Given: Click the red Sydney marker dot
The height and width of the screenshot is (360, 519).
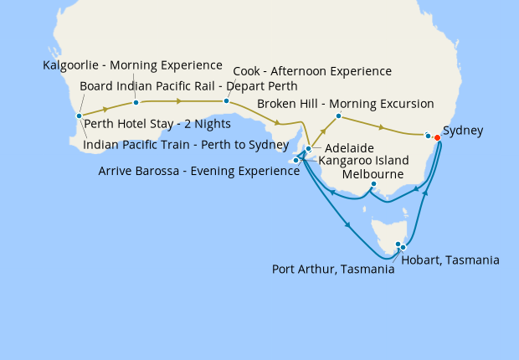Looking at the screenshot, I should click(x=437, y=138).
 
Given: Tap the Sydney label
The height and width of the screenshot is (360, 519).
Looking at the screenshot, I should click(x=462, y=131).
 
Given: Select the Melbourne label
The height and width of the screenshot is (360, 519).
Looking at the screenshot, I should click(x=373, y=174).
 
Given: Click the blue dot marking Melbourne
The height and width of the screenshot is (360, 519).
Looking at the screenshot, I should click(x=373, y=184).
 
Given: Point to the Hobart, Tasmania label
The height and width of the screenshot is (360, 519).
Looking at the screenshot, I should click(x=450, y=260).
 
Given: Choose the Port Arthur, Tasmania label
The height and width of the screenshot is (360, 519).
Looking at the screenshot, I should click(x=333, y=270).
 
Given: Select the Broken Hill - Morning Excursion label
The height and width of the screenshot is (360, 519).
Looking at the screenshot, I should click(x=345, y=104).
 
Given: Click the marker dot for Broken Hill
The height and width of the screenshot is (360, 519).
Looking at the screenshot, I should click(x=338, y=116).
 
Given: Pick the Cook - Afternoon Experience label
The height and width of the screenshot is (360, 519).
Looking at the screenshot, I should click(x=312, y=71).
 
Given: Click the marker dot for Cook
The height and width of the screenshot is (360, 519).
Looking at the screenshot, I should click(x=226, y=101).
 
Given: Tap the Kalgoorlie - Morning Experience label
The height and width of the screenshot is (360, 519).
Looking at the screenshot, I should click(x=132, y=64).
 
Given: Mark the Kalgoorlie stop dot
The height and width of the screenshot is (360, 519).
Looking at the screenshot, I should click(x=136, y=103).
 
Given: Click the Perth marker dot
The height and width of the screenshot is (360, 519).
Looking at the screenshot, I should click(x=79, y=116).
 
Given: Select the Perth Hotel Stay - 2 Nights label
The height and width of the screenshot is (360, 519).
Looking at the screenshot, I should click(x=147, y=128).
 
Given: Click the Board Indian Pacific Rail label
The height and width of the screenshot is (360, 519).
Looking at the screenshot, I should click(x=188, y=85).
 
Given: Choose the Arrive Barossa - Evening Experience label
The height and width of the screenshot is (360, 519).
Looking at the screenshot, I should click(x=198, y=171).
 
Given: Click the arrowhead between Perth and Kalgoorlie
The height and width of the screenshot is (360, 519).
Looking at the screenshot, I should click(x=105, y=109).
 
